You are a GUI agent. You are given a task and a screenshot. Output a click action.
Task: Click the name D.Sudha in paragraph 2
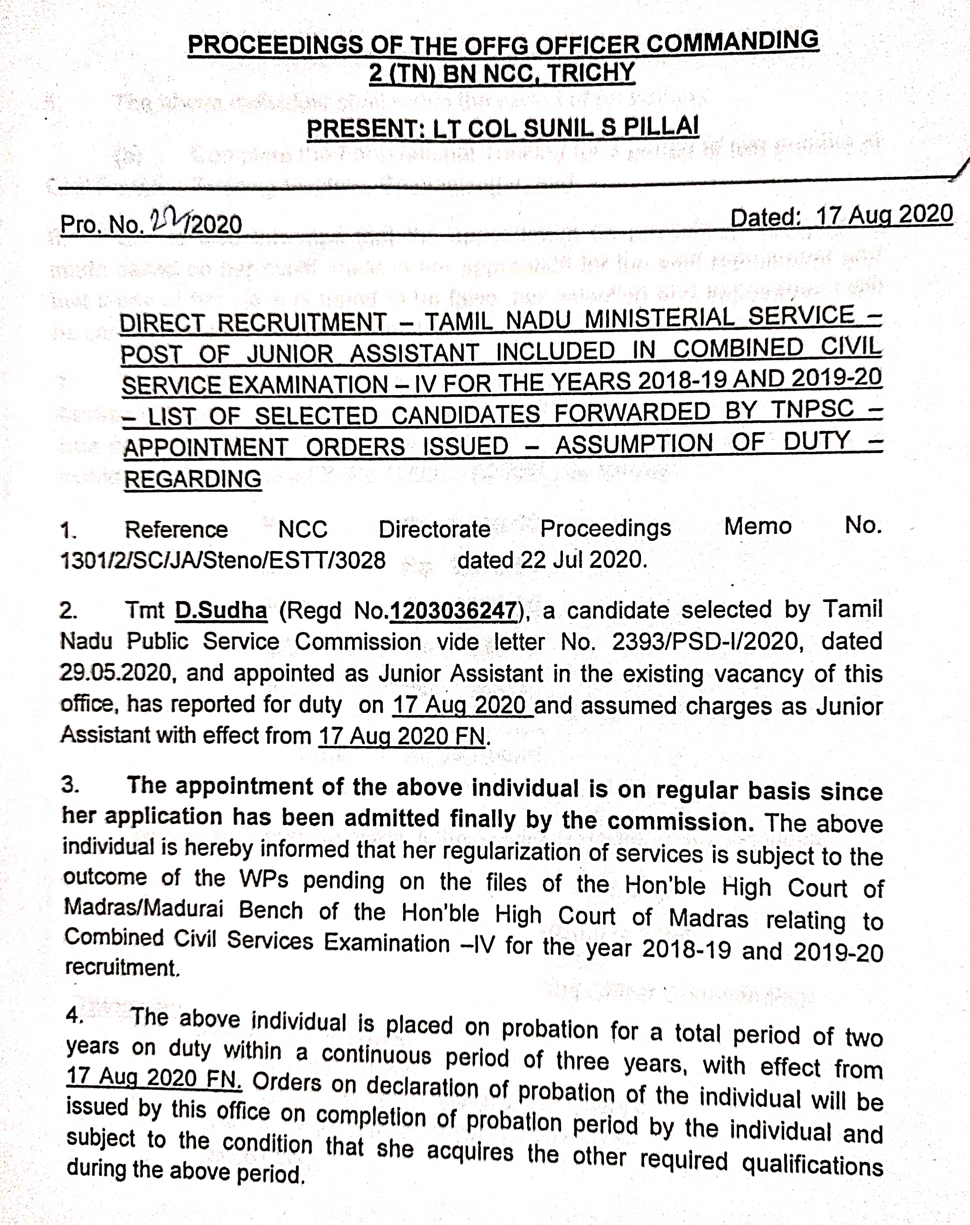(220, 610)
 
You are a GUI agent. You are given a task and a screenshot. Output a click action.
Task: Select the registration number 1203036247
(452, 610)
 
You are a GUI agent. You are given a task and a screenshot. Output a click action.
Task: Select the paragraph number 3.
(70, 785)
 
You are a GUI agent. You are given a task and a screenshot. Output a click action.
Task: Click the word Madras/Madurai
(143, 908)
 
